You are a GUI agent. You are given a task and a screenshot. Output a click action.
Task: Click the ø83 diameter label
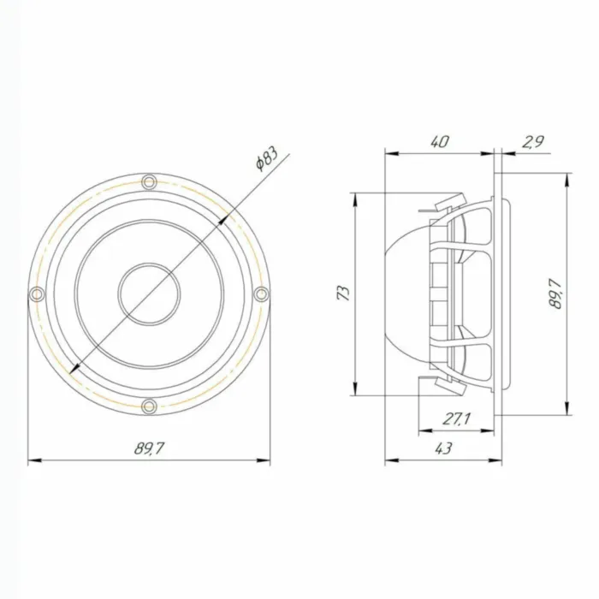point(265,159)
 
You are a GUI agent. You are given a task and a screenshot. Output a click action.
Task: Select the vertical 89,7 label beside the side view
point(556,294)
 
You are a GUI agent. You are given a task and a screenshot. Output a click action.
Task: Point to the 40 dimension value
point(439,142)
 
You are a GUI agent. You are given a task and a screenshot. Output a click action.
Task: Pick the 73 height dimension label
point(343,294)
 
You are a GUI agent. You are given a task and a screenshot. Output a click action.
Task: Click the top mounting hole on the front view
point(149,181)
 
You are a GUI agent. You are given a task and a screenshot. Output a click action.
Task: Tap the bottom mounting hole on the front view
point(149,406)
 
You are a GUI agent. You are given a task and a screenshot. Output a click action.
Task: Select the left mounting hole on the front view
point(36,294)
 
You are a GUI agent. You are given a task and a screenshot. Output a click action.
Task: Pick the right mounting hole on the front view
point(262,294)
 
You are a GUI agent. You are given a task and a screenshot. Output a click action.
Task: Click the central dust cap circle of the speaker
point(149,294)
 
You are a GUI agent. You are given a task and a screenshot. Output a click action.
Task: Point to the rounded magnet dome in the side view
point(406,294)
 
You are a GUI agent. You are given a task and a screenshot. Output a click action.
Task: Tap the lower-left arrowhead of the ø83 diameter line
point(74,369)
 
